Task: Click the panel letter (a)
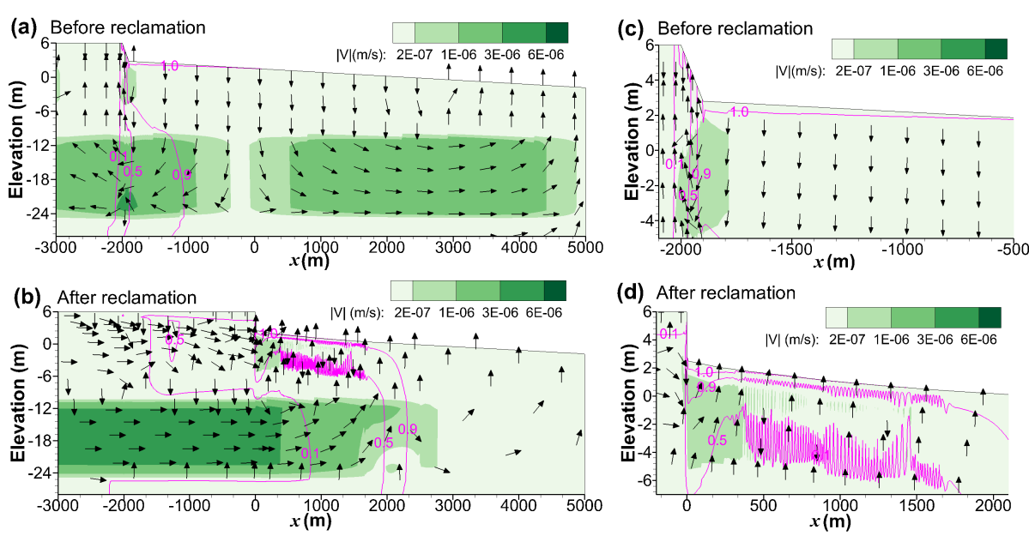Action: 24,27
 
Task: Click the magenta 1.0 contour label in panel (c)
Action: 739,111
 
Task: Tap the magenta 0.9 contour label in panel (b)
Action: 407,429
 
